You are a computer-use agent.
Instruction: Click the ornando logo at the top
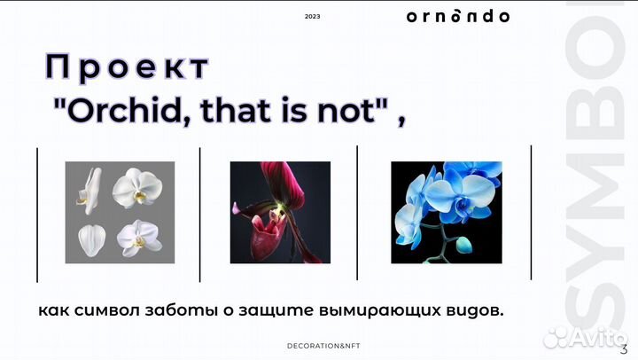[x=457, y=16]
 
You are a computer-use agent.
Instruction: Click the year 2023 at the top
[x=312, y=17]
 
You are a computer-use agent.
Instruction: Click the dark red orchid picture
[x=280, y=213]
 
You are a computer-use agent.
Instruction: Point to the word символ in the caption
[x=110, y=313]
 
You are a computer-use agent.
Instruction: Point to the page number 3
[x=624, y=348]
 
